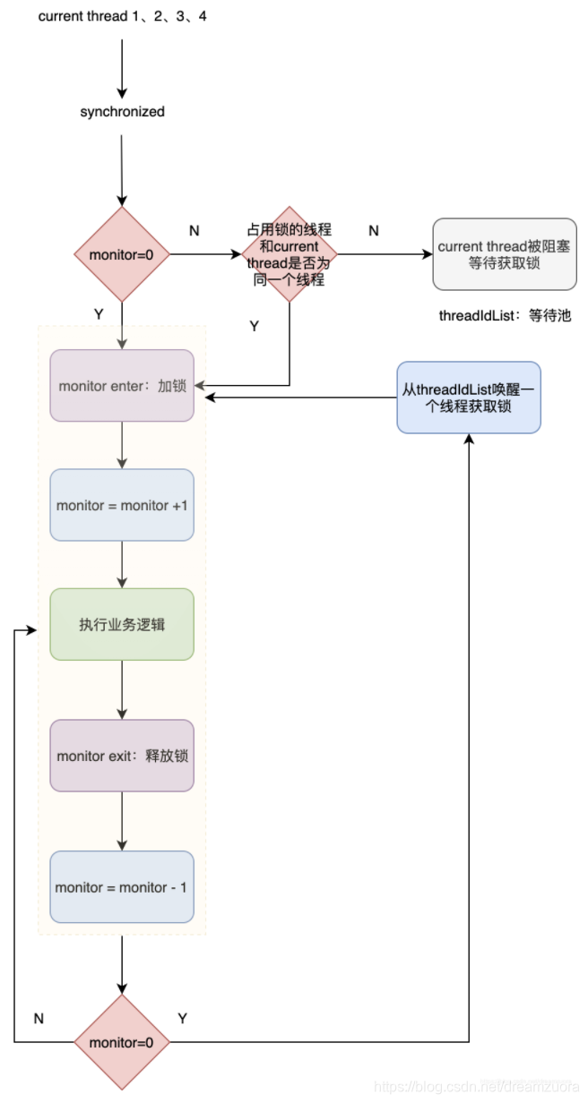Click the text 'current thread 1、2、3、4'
pyautogui.click(x=122, y=17)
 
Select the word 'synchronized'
pyautogui.click(x=122, y=112)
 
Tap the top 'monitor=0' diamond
pyautogui.click(x=122, y=254)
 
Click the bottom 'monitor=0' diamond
pyautogui.click(x=122, y=1042)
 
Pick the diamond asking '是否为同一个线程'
pyautogui.click(x=289, y=254)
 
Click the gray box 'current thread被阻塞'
pyautogui.click(x=504, y=254)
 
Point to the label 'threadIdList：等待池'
pyautogui.click(x=505, y=316)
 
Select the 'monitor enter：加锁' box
pyautogui.click(x=122, y=386)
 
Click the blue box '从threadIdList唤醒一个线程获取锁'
pyautogui.click(x=469, y=398)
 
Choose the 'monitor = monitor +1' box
pyautogui.click(x=122, y=505)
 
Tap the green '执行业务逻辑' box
pyautogui.click(x=122, y=624)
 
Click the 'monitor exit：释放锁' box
pyautogui.click(x=122, y=756)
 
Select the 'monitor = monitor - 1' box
pyautogui.click(x=122, y=887)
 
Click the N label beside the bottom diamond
pyautogui.click(x=39, y=1019)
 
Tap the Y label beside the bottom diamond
pyautogui.click(x=183, y=1019)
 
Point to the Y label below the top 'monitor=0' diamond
pyautogui.click(x=98, y=314)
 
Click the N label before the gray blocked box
pyautogui.click(x=374, y=231)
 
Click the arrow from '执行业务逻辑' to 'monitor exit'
pyautogui.click(x=122, y=689)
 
